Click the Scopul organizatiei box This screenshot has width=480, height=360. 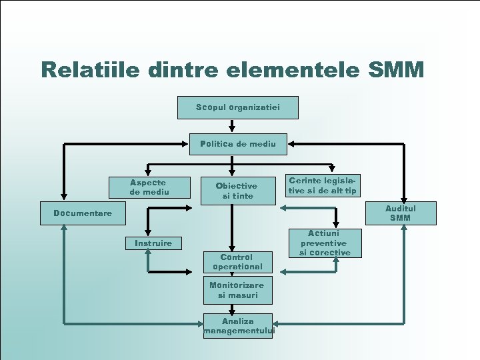click(238, 107)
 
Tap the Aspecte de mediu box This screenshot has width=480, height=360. click(148, 187)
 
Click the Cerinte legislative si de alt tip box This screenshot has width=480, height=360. click(323, 187)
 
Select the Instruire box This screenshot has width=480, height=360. click(153, 243)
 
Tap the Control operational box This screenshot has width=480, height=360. click(237, 262)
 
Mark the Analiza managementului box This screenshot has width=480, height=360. click(238, 326)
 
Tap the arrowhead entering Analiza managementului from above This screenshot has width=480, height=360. click(231, 309)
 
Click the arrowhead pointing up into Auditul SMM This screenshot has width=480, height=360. click(404, 229)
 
